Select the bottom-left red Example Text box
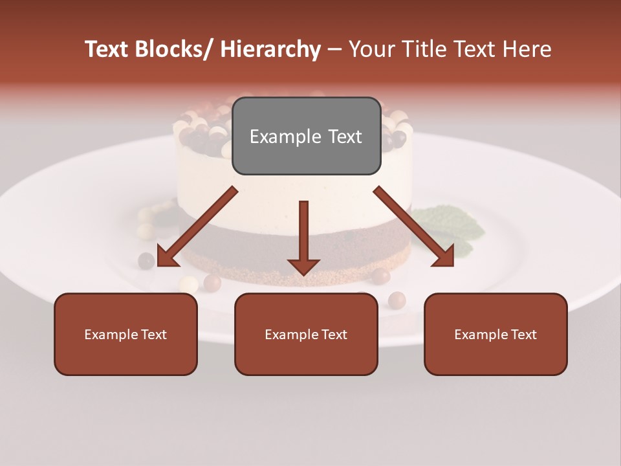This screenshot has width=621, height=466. click(125, 334)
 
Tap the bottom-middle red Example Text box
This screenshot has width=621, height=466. click(306, 334)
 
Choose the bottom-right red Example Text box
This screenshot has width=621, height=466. click(496, 334)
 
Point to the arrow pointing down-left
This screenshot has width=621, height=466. click(197, 227)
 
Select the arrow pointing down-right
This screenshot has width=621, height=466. click(414, 227)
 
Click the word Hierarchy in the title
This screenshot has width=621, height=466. click(270, 49)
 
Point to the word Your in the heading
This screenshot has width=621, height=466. click(369, 49)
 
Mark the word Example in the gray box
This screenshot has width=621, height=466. click(285, 137)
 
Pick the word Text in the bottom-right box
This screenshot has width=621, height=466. click(523, 334)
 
